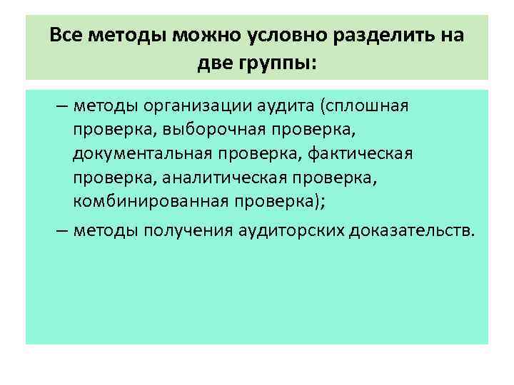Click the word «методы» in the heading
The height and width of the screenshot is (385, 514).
pyautogui.click(x=125, y=36)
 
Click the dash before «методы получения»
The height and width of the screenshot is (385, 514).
pyautogui.click(x=62, y=231)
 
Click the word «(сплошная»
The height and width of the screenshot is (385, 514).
pyautogui.click(x=364, y=107)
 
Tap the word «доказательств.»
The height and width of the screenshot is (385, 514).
pyautogui.click(x=411, y=231)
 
